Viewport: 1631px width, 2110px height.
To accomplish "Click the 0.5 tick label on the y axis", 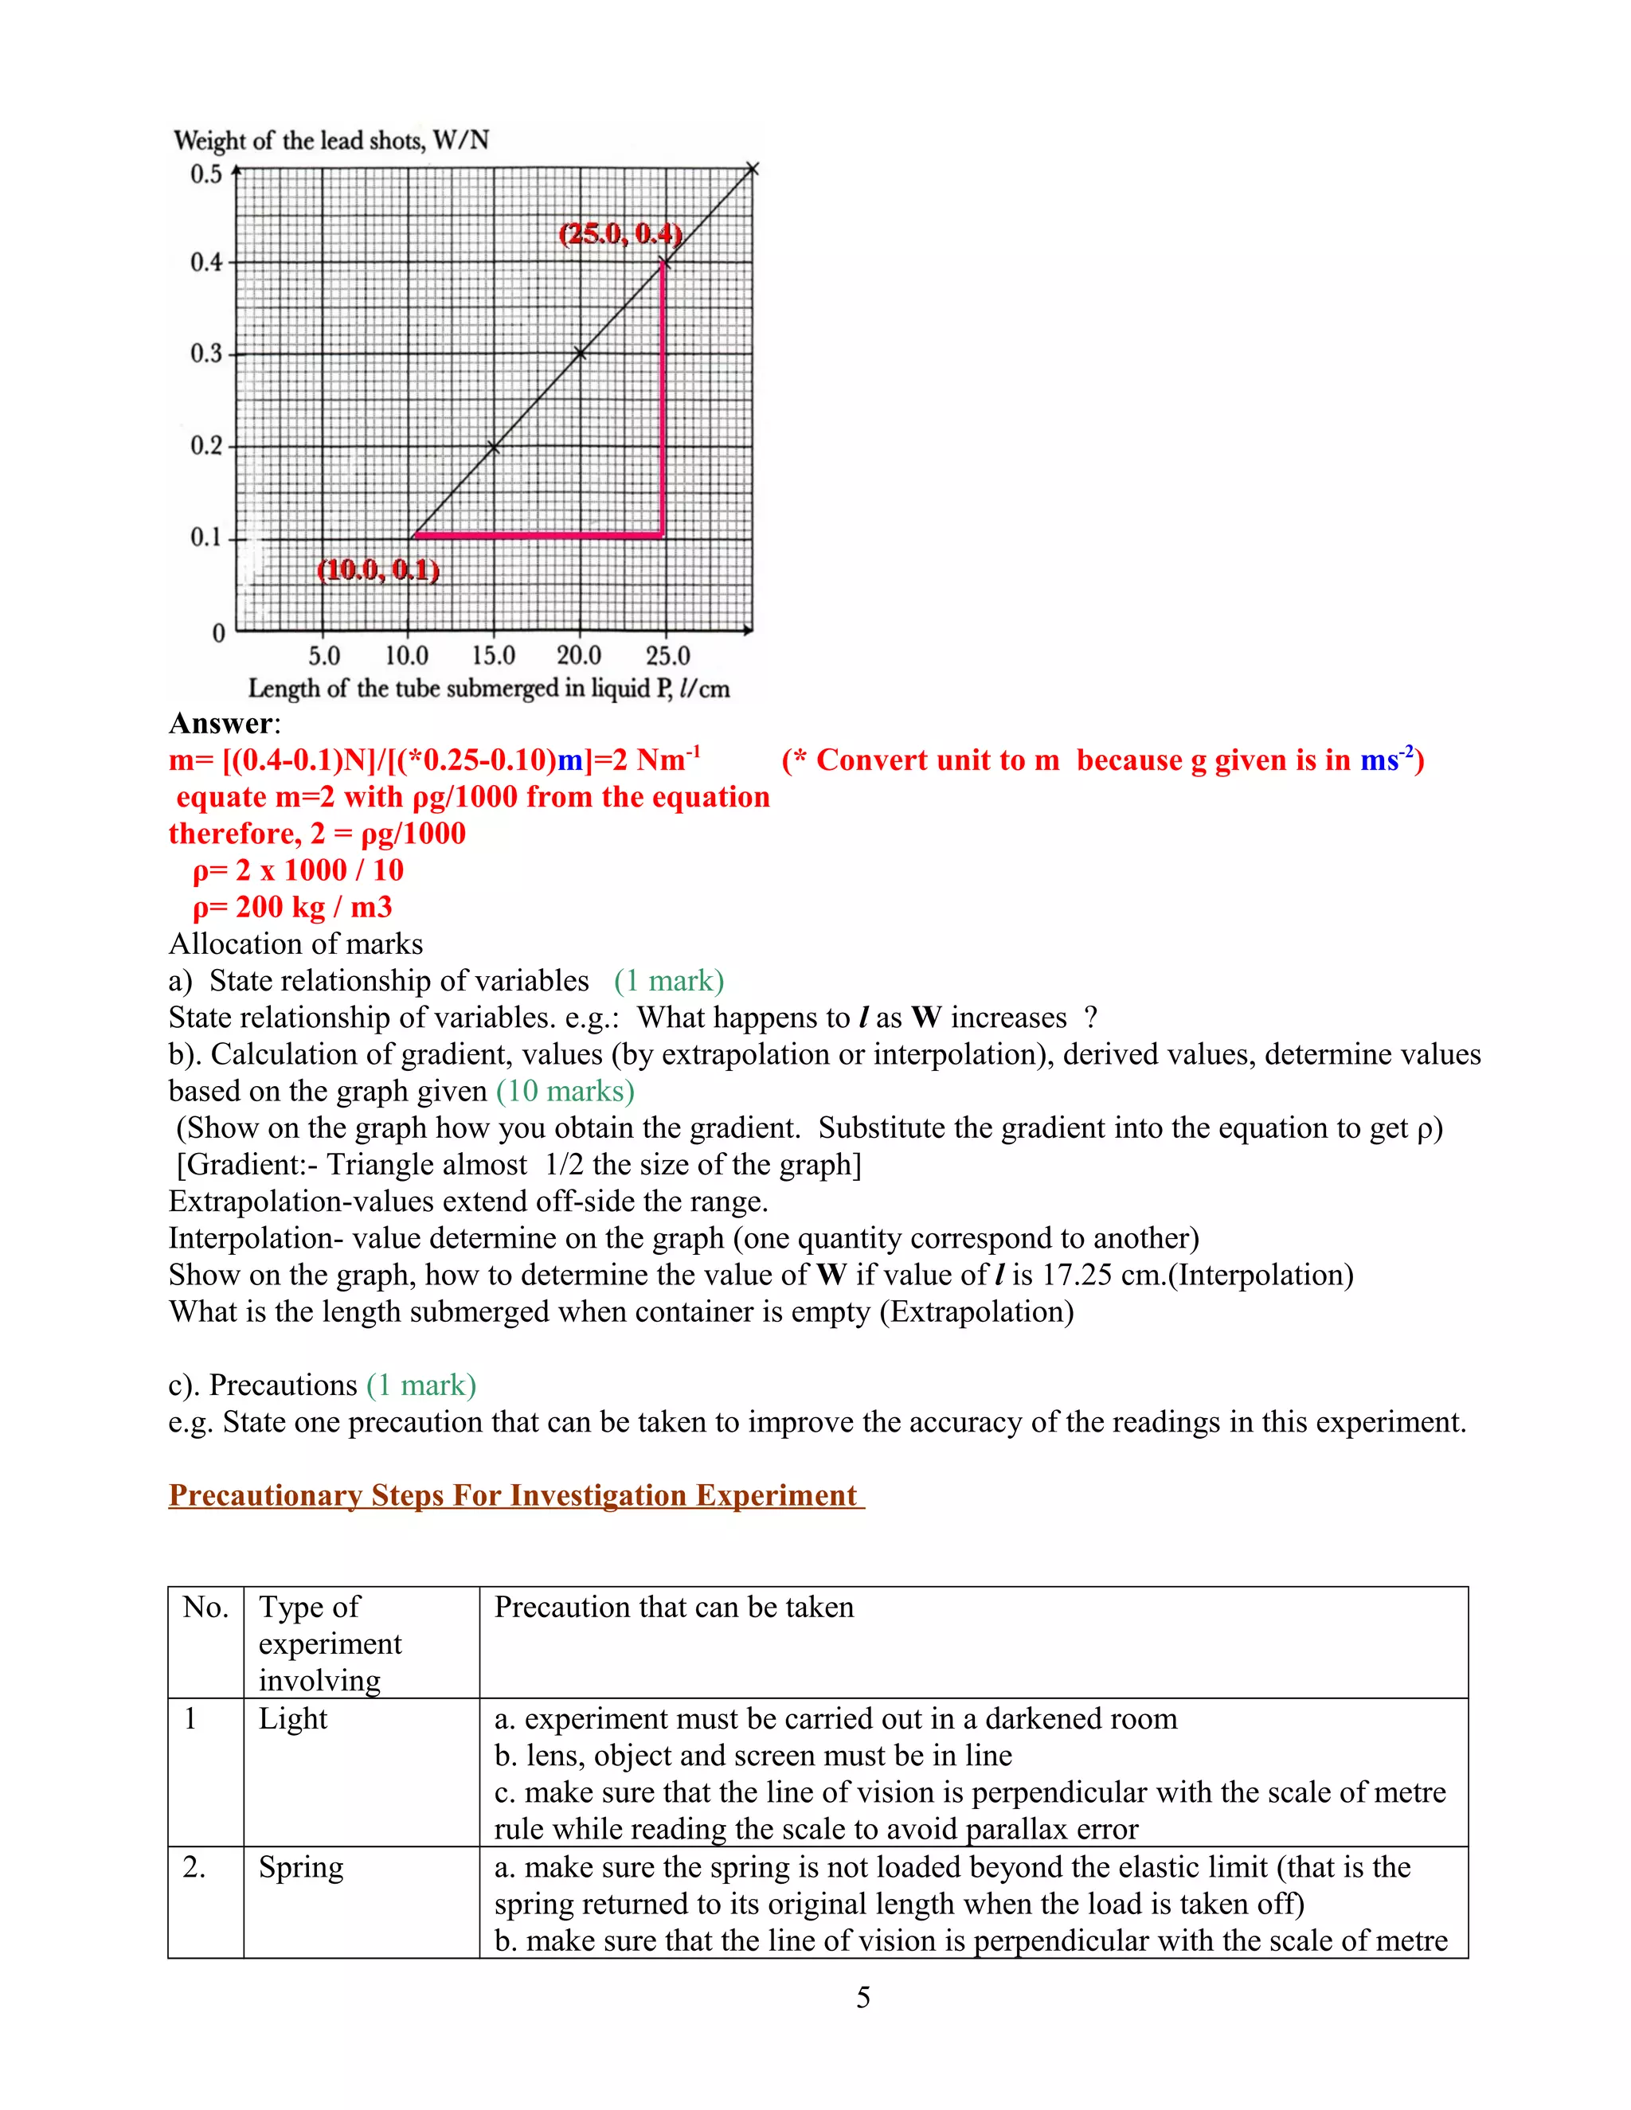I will pyautogui.click(x=205, y=175).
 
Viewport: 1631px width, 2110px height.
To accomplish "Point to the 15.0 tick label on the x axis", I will pyautogui.click(x=494, y=656).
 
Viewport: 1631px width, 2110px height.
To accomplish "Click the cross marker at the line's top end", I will pyautogui.click(x=753, y=170).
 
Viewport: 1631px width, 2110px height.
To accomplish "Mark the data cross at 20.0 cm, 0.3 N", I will pyautogui.click(x=580, y=354).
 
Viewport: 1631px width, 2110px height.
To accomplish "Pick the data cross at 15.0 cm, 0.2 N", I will pyautogui.click(x=494, y=447).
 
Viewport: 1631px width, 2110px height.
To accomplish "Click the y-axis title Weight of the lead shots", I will pyautogui.click(x=331, y=141).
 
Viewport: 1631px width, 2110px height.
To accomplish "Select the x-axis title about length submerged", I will pyautogui.click(x=488, y=689).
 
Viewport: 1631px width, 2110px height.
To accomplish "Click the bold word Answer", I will pyautogui.click(x=221, y=724).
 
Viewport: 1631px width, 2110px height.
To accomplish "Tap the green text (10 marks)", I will pyautogui.click(x=565, y=1091).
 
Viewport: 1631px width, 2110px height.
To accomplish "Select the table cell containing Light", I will pyautogui.click(x=293, y=1719).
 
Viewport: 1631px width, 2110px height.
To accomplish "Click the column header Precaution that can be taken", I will pyautogui.click(x=674, y=1607).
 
